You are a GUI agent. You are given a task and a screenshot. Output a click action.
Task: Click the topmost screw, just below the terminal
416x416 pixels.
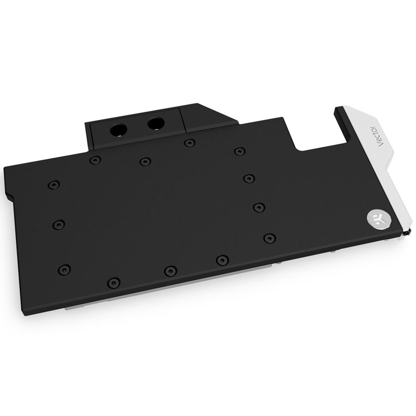pos(186,142)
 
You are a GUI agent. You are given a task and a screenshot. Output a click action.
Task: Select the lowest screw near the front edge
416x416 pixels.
pos(112,283)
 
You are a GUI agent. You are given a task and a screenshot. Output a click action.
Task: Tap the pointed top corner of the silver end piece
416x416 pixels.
pos(339,109)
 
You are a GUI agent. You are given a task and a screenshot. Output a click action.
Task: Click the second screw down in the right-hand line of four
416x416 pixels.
pos(249,178)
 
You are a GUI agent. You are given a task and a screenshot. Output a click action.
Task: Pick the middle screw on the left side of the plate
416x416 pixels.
pos(58,224)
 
